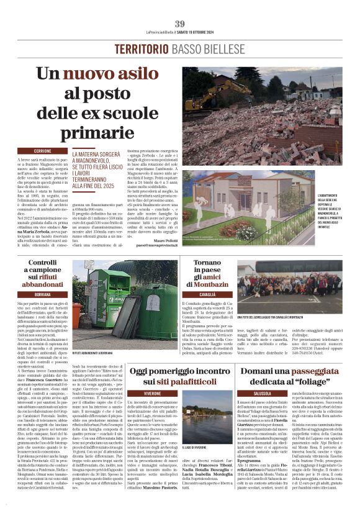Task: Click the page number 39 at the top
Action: tap(180, 23)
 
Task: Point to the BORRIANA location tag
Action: tap(43, 293)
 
